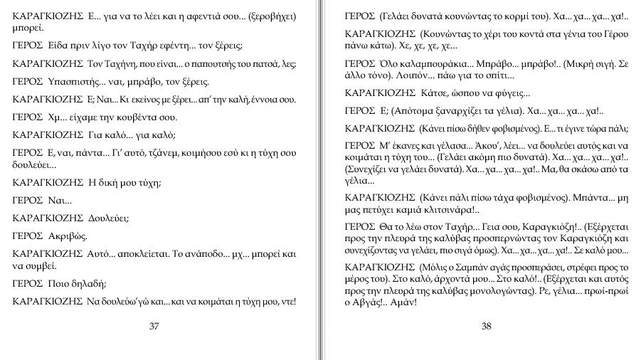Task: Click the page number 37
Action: pos(154,326)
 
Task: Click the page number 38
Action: pos(487,326)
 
